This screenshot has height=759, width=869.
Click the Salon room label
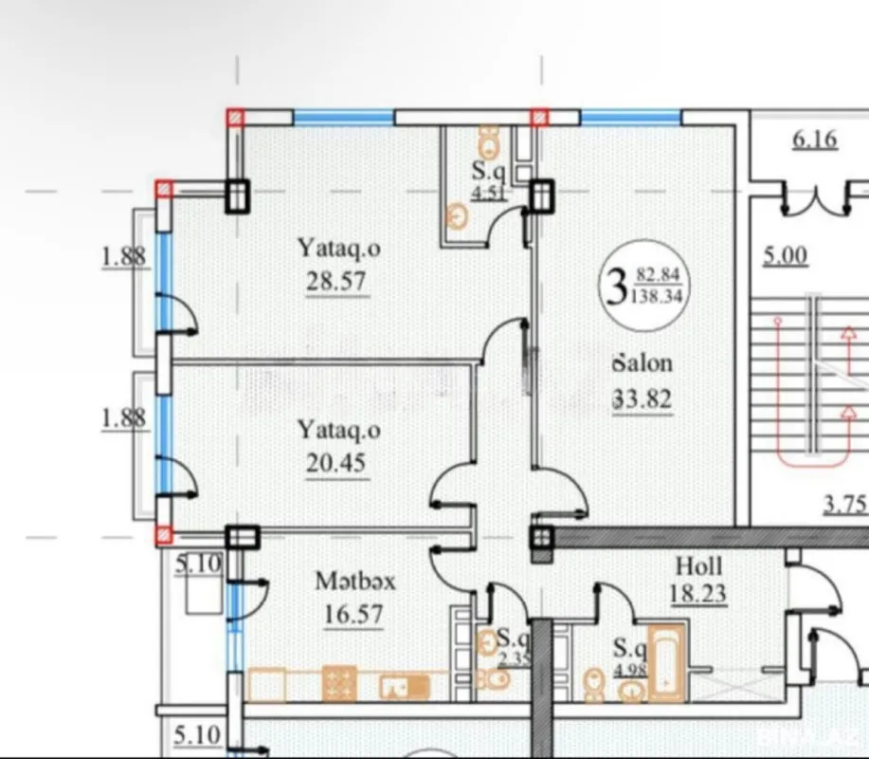point(643,362)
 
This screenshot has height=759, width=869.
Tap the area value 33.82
point(643,399)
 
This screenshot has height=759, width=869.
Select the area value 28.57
point(335,282)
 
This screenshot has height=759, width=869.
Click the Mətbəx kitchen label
point(355,581)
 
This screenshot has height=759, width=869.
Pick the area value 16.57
point(353,615)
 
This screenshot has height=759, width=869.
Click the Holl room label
point(699,566)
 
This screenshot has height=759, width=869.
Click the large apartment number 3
point(616,284)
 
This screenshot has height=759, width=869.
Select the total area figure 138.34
point(661,296)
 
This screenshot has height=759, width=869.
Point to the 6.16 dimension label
point(814,139)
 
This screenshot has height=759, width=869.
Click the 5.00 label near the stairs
point(786,255)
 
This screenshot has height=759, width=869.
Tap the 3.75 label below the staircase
point(844,504)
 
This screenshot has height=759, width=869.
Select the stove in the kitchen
point(339,683)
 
